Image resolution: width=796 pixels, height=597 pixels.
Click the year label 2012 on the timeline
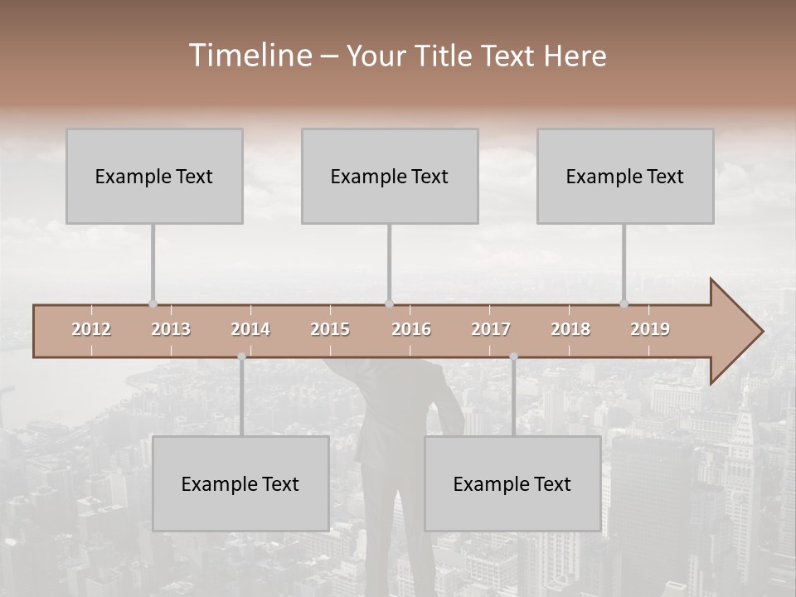(x=91, y=329)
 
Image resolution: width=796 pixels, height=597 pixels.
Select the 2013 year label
(x=171, y=329)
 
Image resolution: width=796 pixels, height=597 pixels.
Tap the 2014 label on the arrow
(x=250, y=329)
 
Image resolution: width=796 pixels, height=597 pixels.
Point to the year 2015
(x=330, y=329)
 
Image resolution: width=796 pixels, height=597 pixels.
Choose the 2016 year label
(x=411, y=329)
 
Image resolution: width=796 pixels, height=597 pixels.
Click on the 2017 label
(x=491, y=329)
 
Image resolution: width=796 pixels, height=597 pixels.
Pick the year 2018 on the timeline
(x=570, y=329)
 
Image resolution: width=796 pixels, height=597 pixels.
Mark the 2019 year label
(x=650, y=329)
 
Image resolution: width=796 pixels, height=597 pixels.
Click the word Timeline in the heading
(x=250, y=56)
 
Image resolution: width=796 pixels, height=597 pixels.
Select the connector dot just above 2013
(x=153, y=303)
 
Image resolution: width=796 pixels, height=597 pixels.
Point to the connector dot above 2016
(x=389, y=303)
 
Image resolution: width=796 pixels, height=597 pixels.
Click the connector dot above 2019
(x=624, y=303)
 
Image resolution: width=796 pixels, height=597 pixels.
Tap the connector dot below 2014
(x=241, y=357)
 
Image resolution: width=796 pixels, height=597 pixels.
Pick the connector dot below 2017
(x=513, y=357)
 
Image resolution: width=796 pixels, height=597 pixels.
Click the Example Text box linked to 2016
(x=390, y=176)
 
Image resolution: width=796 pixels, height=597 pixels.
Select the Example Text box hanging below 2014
(x=240, y=483)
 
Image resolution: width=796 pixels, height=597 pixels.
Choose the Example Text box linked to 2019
(x=625, y=176)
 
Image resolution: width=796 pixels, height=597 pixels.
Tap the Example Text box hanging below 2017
(x=512, y=483)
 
